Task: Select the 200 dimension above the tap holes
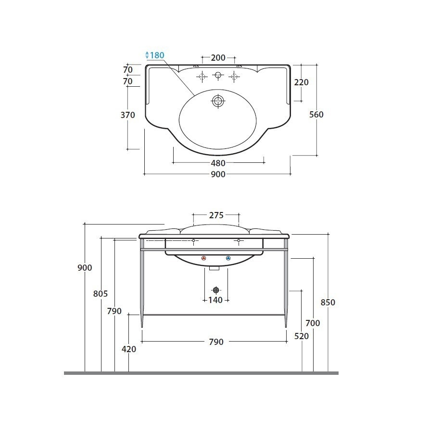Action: (218, 58)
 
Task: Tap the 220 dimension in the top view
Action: (301, 82)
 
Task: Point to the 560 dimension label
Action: (316, 114)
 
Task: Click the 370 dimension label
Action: (128, 115)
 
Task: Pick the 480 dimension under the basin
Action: (218, 163)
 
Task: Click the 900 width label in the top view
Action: (218, 174)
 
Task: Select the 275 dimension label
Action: (216, 215)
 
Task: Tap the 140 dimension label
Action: (215, 300)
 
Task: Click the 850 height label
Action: (328, 303)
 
